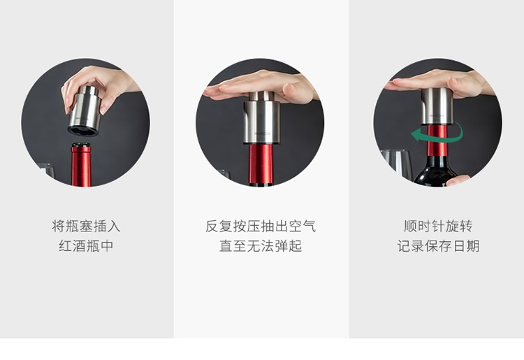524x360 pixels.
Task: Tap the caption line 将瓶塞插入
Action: click(x=86, y=226)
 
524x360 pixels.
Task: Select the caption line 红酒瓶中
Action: click(x=86, y=246)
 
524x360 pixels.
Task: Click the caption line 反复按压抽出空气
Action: click(x=261, y=226)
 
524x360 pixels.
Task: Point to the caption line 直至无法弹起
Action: click(x=261, y=246)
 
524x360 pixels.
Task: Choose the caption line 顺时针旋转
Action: click(x=438, y=226)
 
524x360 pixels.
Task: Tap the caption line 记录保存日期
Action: click(x=438, y=246)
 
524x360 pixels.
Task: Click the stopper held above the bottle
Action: click(x=85, y=110)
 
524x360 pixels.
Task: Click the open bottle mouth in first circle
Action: click(x=81, y=145)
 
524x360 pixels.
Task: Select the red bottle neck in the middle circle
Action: click(x=261, y=164)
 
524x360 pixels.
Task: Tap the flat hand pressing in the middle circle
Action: click(x=261, y=86)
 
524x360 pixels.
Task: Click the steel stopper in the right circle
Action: click(x=437, y=107)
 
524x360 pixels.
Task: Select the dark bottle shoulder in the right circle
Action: click(x=435, y=171)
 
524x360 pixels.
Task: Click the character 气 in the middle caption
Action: click(x=310, y=226)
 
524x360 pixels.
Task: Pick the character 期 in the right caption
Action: click(x=473, y=246)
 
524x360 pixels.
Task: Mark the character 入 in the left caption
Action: click(x=114, y=226)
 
